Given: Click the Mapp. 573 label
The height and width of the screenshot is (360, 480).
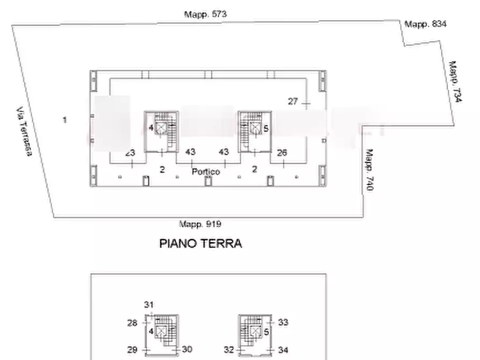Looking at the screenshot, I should click(205, 15).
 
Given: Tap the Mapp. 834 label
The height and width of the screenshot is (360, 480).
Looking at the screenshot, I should click(425, 24).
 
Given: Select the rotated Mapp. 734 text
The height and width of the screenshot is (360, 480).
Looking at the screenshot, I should click(455, 81).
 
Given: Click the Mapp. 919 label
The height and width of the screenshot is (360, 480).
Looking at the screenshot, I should click(200, 224).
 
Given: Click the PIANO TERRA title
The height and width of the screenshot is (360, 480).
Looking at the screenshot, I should click(200, 243).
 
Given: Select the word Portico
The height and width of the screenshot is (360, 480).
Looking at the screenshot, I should click(206, 171).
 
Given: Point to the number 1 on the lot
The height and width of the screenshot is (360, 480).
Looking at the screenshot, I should click(65, 120).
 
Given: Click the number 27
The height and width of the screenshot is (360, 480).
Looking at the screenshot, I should click(293, 101).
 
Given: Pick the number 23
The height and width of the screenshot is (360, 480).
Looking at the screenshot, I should click(130, 153).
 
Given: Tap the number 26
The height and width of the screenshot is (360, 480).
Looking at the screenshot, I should click(282, 153).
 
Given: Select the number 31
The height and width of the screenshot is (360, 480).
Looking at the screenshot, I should click(149, 305).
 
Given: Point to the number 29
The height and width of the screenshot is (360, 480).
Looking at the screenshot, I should click(132, 349).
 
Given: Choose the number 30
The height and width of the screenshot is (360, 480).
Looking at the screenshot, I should click(187, 349).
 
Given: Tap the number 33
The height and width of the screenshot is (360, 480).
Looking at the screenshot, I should click(283, 322).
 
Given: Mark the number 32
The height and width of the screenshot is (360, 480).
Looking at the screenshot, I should click(229, 350).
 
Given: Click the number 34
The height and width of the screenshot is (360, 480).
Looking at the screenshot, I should click(283, 350).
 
